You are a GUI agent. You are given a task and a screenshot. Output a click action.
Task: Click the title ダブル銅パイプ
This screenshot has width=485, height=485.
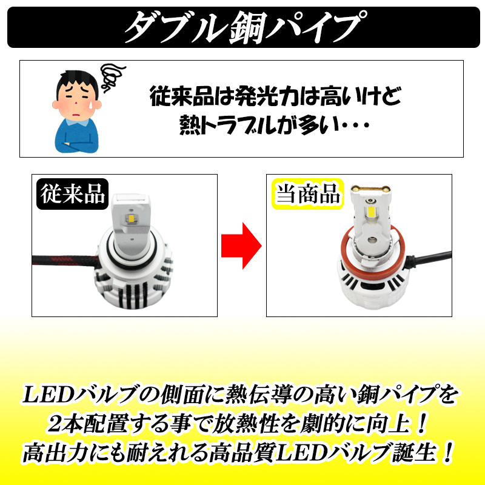point(242,27)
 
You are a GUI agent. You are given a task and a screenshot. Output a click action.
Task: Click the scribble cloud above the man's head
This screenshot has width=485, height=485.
point(112,75)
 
